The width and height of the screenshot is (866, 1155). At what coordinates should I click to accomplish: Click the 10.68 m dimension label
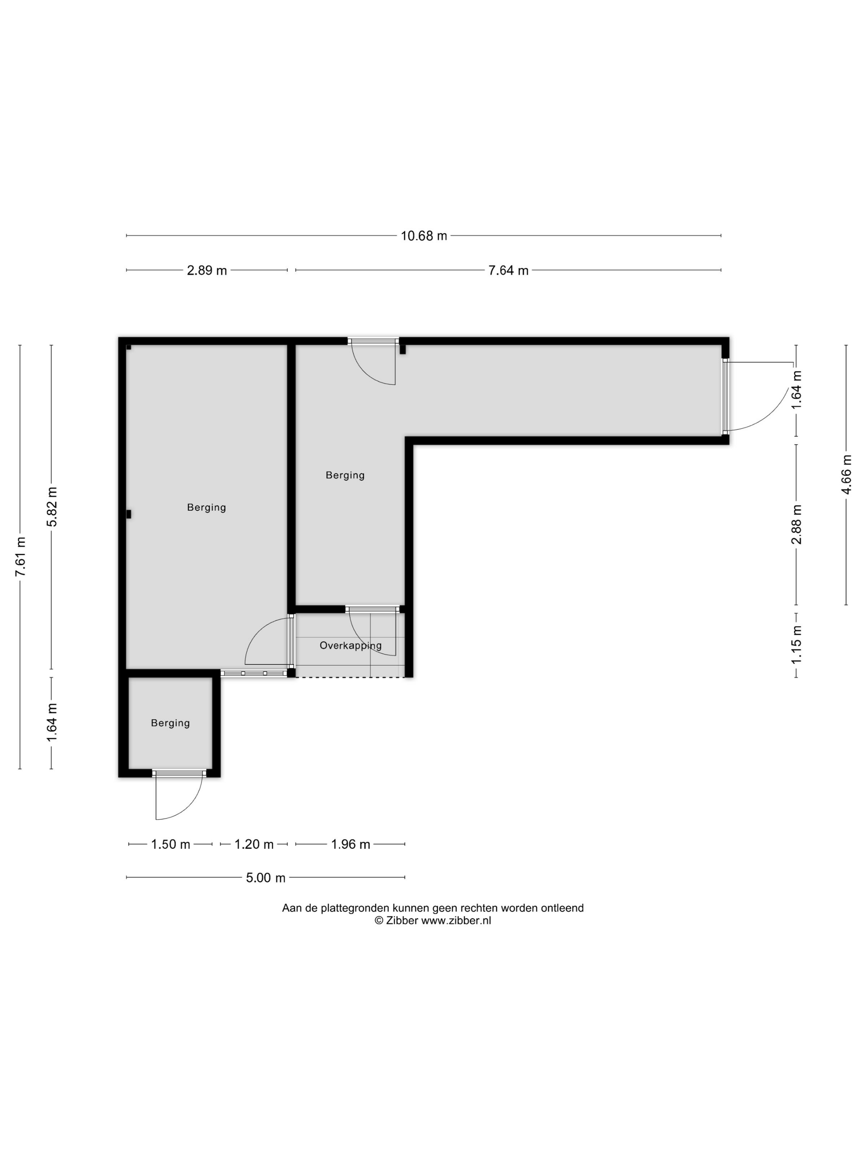(424, 236)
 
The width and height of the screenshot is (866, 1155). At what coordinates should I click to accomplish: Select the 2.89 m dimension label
(207, 271)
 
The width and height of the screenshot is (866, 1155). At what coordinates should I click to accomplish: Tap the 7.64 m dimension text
(508, 271)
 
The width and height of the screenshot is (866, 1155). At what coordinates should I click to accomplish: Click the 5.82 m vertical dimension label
(52, 507)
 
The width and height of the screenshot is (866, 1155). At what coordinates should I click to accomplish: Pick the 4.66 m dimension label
(846, 474)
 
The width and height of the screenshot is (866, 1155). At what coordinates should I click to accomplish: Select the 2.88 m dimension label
(797, 524)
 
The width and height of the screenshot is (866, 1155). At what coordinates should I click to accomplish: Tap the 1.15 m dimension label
(797, 644)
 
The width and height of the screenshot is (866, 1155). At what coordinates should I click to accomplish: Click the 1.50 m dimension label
(170, 844)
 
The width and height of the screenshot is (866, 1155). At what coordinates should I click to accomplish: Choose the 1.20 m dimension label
(254, 844)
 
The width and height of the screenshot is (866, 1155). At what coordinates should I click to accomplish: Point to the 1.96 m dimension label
(350, 844)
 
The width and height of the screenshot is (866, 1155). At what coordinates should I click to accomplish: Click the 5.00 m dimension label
(266, 878)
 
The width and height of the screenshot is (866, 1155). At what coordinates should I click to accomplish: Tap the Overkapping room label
(350, 646)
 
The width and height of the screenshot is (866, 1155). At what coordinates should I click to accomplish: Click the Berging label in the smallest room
(170, 723)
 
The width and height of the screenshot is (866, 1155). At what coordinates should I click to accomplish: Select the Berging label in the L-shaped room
(345, 475)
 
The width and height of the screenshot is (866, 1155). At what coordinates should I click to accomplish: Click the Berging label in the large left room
(207, 507)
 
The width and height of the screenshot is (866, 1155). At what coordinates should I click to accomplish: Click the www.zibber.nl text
(456, 921)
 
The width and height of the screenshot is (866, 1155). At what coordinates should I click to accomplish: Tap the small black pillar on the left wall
(128, 514)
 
